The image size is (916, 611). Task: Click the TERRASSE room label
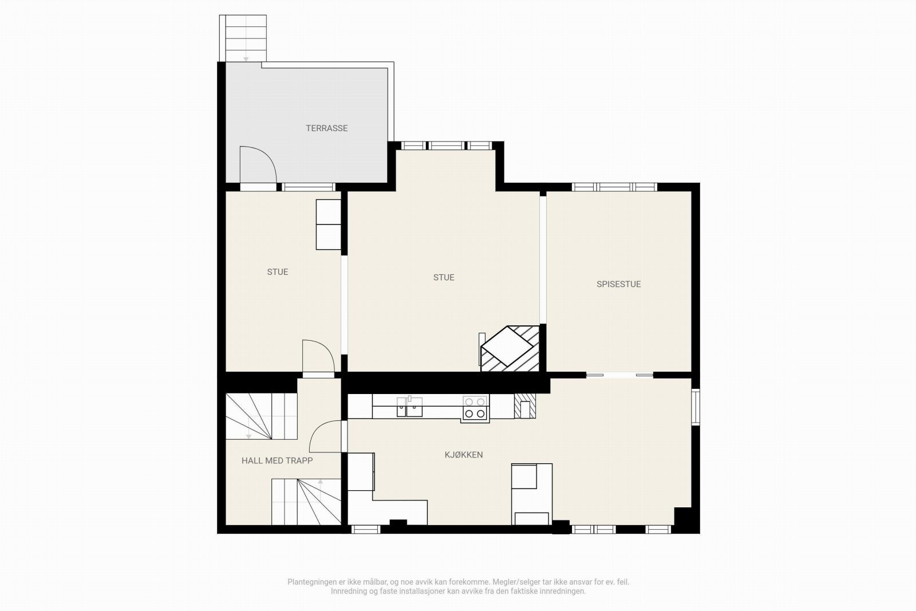[x=326, y=128]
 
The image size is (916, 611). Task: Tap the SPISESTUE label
[x=618, y=284]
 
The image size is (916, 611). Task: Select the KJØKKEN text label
[x=464, y=455]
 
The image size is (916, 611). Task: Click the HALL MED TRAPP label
[x=277, y=460]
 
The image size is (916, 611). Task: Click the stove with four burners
[x=475, y=408]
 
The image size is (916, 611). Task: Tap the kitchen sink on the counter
[x=409, y=408]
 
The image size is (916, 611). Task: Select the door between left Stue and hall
[x=318, y=358]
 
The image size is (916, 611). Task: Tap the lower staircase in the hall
[x=306, y=502]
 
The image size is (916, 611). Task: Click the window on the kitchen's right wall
[x=696, y=407]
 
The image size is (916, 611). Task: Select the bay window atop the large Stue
[x=447, y=145]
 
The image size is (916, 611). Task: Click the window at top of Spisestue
[x=614, y=187]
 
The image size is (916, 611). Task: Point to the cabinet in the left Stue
[x=329, y=224]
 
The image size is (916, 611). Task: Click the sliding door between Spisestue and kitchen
[x=619, y=375]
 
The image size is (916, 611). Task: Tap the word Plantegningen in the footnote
[x=313, y=582]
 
